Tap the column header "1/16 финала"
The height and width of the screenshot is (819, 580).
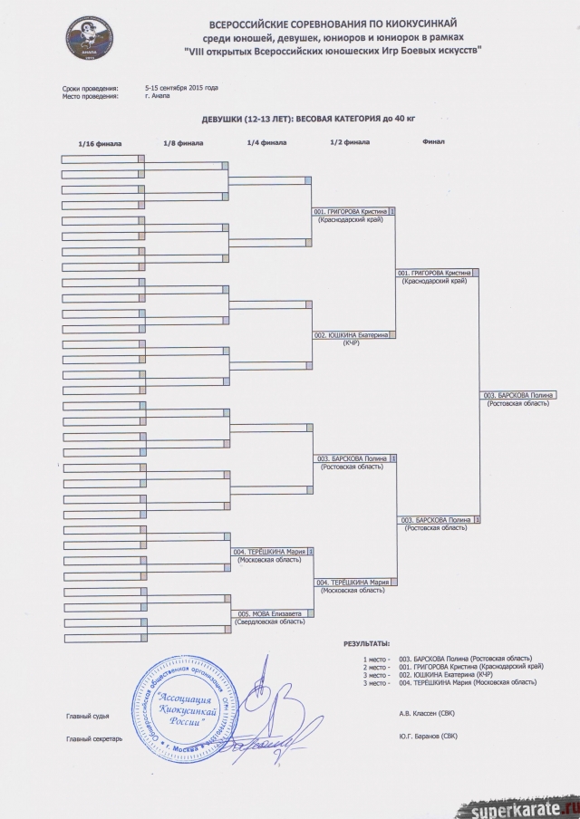coord(100,144)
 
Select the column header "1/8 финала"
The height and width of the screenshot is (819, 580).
coord(183,143)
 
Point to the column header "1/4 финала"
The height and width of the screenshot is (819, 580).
coord(266,143)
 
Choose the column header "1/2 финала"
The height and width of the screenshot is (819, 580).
coord(350,142)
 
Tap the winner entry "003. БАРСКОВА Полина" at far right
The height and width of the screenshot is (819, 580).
coord(517,395)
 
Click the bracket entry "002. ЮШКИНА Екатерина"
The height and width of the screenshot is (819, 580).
coord(352,334)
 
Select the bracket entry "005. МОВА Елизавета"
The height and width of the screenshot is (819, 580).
coord(269,612)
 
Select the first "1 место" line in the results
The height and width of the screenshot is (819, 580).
coord(374,658)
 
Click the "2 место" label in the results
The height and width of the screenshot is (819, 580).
coord(374,666)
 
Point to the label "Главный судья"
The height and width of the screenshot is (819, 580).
coord(88,716)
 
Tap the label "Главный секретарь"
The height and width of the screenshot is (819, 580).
coord(94,739)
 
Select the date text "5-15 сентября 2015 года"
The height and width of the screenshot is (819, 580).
coord(182,87)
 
